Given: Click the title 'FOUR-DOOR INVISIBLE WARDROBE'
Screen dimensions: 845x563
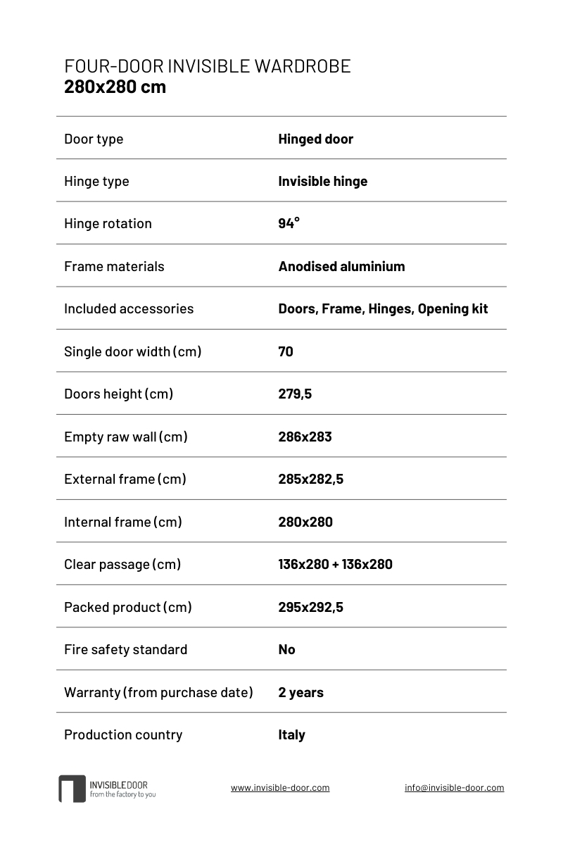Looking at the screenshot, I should (207, 66).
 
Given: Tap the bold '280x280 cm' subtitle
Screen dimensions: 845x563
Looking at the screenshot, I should (115, 87).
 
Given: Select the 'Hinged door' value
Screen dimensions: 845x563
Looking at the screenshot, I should (315, 139).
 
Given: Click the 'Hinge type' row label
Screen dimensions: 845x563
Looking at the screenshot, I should (96, 181).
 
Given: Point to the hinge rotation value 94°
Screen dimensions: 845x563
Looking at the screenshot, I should (289, 223).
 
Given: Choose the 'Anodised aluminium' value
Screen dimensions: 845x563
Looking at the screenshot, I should (341, 266).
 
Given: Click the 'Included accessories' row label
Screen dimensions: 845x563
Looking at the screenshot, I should (129, 308).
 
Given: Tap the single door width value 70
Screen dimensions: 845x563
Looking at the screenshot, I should (286, 351).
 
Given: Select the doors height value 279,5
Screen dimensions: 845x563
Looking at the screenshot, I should (295, 394).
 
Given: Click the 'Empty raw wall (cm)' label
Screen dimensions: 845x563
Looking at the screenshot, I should (126, 437).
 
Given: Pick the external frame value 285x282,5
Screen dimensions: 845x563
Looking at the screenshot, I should (310, 479).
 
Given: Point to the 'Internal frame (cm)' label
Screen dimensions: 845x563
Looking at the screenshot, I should (123, 522).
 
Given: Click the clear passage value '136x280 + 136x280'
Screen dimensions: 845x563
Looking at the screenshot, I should (335, 564).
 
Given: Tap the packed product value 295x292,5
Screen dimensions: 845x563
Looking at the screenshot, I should (310, 607).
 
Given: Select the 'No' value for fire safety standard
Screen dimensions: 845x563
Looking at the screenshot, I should (286, 649).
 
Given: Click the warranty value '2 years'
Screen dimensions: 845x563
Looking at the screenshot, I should (301, 692).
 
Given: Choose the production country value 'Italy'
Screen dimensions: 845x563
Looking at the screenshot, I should (291, 734).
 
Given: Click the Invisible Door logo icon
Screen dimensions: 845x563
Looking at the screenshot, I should (72, 789).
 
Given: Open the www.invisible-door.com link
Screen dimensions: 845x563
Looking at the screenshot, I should (280, 788).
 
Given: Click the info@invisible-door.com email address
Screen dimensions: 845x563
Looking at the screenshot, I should (454, 788).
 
